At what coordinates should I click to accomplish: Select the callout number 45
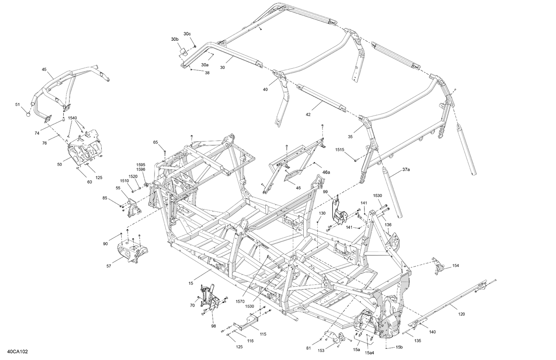(44, 70)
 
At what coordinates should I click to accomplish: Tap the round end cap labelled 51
(28, 114)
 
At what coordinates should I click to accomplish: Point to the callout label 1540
(72, 118)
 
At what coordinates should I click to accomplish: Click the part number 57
(109, 266)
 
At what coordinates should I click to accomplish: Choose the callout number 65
(156, 142)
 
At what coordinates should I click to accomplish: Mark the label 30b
(175, 39)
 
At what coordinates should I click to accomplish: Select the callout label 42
(308, 115)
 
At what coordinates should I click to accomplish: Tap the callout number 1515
(340, 150)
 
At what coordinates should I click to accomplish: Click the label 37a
(406, 170)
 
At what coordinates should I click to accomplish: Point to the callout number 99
(325, 192)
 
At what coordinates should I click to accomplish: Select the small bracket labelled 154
(439, 266)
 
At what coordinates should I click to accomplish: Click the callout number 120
(461, 314)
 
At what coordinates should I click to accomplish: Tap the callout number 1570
(240, 302)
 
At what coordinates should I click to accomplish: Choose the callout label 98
(214, 326)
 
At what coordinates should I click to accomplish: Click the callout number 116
(251, 341)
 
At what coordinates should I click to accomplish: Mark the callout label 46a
(326, 172)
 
